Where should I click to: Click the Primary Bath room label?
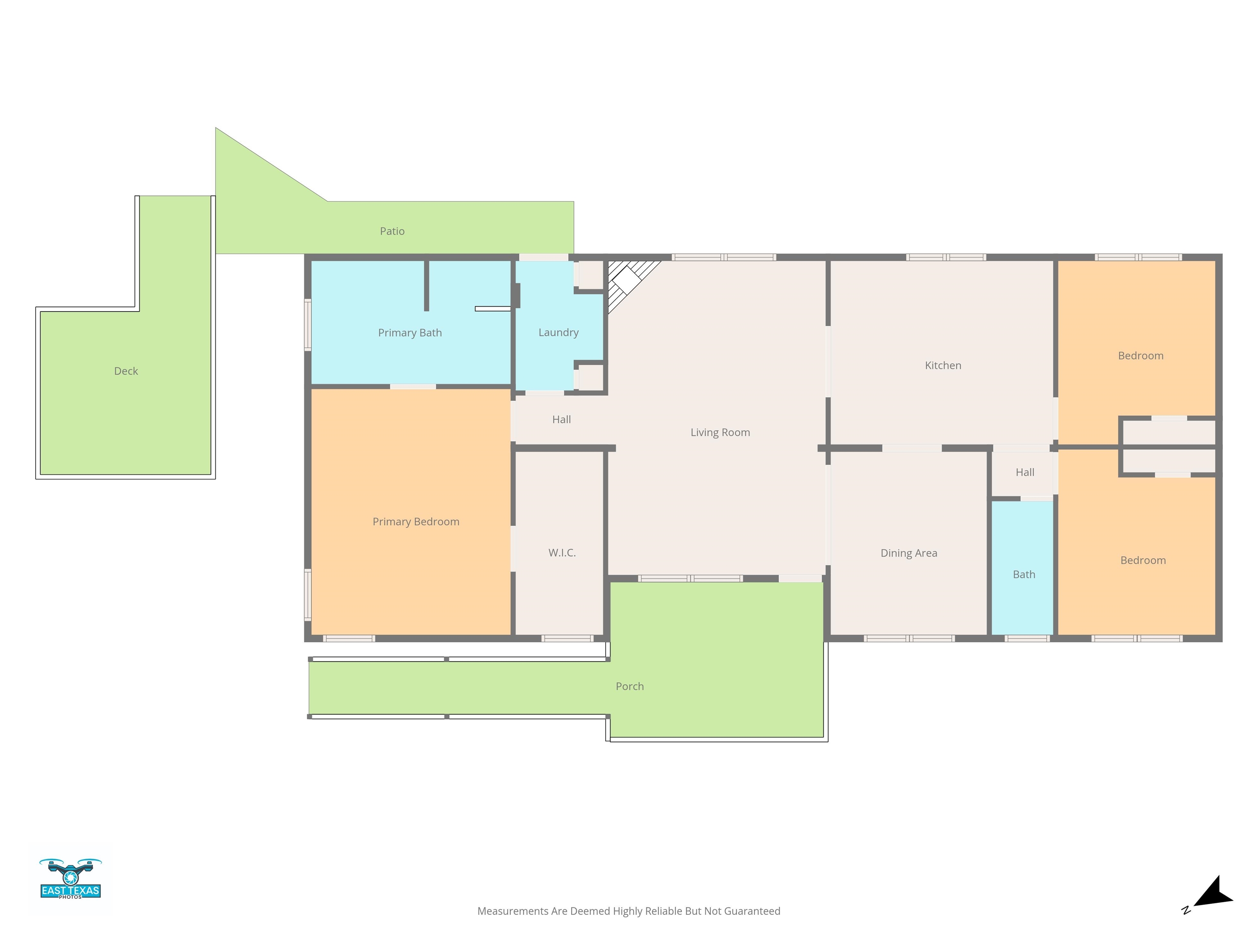tap(410, 332)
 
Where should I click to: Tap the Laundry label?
tap(559, 332)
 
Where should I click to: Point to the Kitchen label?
tap(943, 365)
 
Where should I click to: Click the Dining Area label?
tap(909, 553)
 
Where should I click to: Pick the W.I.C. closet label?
tap(562, 553)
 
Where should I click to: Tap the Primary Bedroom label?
tap(416, 522)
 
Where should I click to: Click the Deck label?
tap(126, 371)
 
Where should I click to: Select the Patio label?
tap(392, 231)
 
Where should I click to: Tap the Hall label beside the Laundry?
tap(561, 420)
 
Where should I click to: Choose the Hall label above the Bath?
tap(1025, 472)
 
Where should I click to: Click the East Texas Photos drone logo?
tap(70, 878)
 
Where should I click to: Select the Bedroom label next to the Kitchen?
tap(1140, 356)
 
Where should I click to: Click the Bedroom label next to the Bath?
tap(1143, 560)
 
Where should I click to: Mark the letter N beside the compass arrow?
tap(1186, 910)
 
